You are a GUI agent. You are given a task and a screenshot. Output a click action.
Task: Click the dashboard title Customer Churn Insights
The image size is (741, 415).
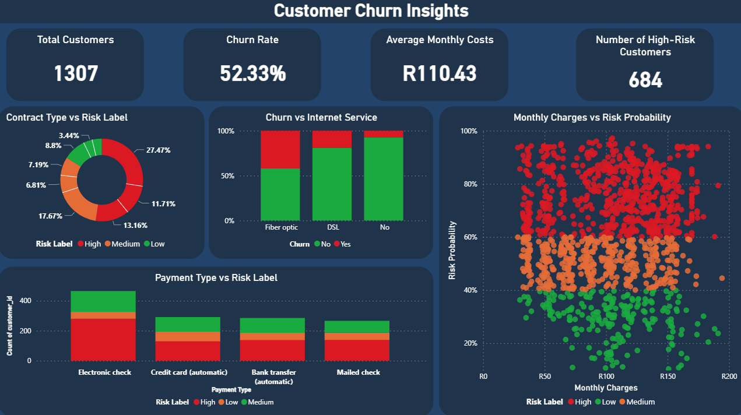pyautogui.click(x=371, y=10)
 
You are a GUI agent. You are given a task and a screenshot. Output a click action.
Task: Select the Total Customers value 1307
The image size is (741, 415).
pyautogui.click(x=76, y=74)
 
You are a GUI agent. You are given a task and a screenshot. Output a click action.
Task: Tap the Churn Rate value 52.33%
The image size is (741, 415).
pyautogui.click(x=252, y=74)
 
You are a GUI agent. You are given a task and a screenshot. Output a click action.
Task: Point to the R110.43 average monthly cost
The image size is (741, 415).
pyautogui.click(x=440, y=74)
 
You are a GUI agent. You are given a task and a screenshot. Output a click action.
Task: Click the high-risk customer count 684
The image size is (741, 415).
pyautogui.click(x=645, y=80)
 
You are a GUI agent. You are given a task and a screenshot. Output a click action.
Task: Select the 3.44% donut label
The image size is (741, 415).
pyautogui.click(x=69, y=135)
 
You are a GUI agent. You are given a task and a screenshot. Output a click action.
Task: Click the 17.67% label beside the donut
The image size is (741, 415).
pyautogui.click(x=50, y=215)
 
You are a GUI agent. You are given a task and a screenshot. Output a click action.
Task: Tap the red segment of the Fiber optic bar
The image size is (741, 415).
pyautogui.click(x=280, y=149)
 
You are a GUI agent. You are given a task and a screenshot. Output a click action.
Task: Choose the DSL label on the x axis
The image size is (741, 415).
pyautogui.click(x=332, y=227)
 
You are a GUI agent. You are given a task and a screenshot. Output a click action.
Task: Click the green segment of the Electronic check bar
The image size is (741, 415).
pyautogui.click(x=103, y=301)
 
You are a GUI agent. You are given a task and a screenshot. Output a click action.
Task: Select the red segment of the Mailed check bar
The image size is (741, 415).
pyautogui.click(x=357, y=350)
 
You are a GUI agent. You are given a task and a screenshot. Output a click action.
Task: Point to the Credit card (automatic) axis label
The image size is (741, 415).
pyautogui.click(x=189, y=372)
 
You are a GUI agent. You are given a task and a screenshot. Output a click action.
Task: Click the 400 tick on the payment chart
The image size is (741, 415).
pyautogui.click(x=57, y=301)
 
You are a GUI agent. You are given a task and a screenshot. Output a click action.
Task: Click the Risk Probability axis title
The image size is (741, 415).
pyautogui.click(x=452, y=250)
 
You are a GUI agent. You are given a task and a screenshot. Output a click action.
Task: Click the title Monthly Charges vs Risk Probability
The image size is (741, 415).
pyautogui.click(x=592, y=117)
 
